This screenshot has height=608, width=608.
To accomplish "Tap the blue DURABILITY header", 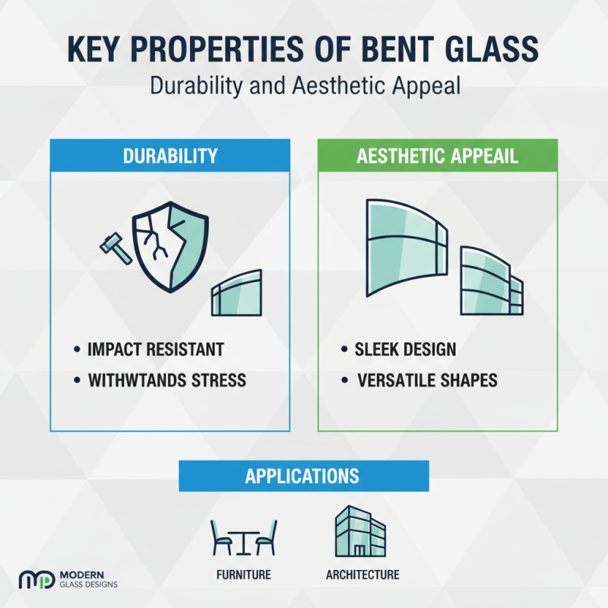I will (170, 156).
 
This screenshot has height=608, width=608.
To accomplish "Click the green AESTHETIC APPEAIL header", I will (437, 156).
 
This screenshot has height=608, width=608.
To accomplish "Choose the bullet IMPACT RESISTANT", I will (157, 350).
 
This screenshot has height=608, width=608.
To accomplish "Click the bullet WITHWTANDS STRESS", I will (167, 380).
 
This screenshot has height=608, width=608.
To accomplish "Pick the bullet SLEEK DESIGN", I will (405, 350).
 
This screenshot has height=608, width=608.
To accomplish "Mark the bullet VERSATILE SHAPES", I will (427, 380).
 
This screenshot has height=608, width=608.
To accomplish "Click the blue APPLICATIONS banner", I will (303, 476).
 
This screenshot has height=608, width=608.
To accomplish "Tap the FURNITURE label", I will (243, 575).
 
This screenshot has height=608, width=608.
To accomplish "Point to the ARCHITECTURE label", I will (363, 575).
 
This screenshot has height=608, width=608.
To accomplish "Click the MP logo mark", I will (36, 580).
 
